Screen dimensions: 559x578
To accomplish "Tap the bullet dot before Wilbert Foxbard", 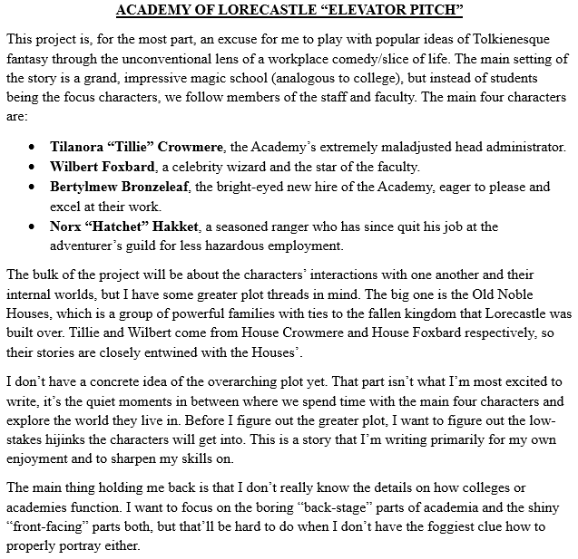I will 33,167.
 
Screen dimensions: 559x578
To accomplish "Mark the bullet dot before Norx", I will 33,226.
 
